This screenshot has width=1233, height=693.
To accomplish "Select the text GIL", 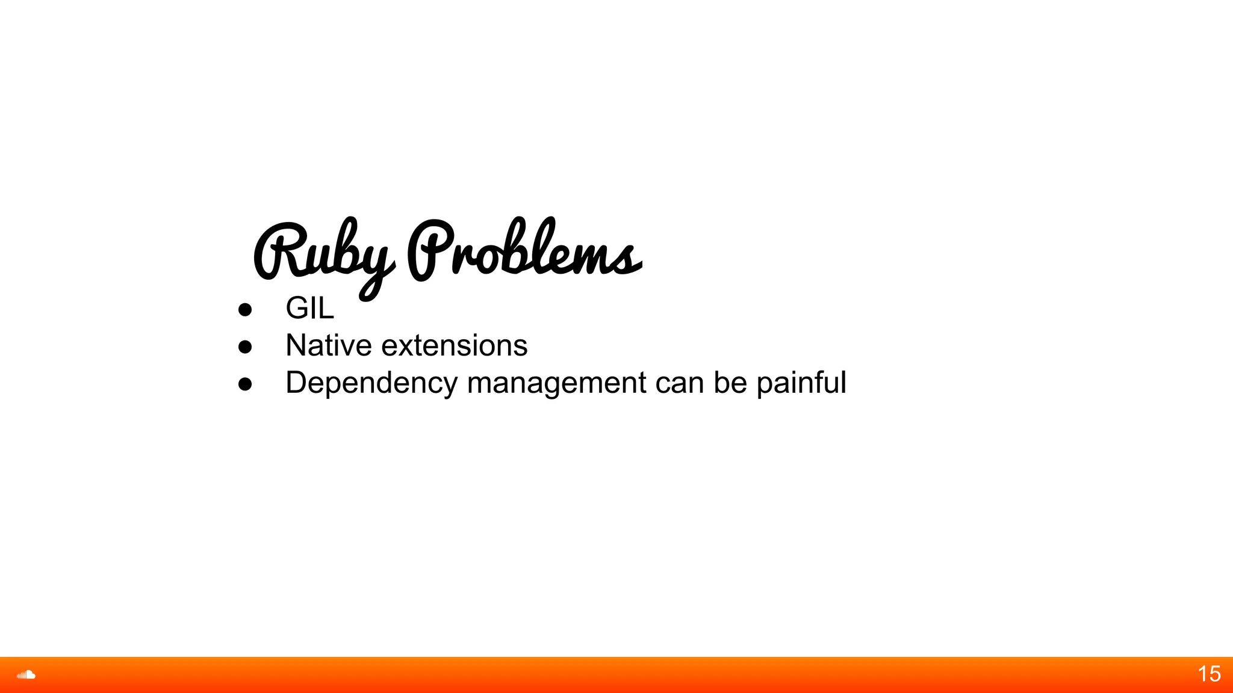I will [x=309, y=308].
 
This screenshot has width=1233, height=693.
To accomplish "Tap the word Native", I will [x=329, y=345].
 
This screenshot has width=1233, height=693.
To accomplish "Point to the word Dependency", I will [x=371, y=383].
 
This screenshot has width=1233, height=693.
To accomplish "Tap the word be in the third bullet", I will [x=730, y=383].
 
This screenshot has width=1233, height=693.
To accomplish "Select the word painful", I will [x=801, y=383].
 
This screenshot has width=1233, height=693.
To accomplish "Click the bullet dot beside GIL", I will [x=245, y=309].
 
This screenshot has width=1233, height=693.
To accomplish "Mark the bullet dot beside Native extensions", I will [x=245, y=346].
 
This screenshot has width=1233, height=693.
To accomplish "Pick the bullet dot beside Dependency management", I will [x=245, y=384].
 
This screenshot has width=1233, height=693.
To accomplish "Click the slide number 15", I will [x=1209, y=674].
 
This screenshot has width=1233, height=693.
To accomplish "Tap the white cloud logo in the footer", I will [x=26, y=674].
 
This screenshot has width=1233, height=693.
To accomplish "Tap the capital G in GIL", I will [x=297, y=308].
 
